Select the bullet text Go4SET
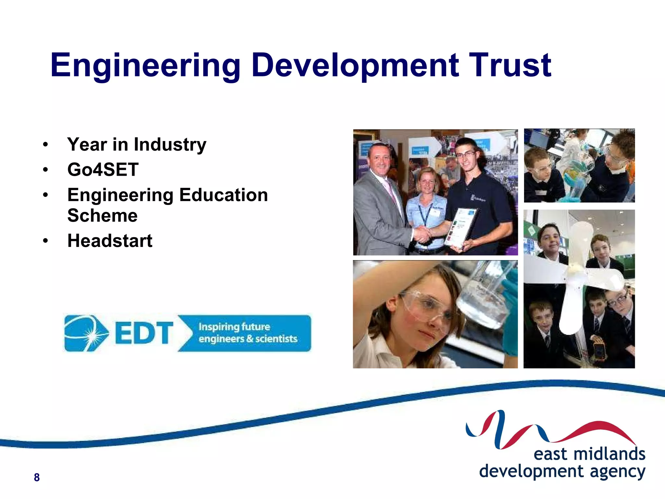103,170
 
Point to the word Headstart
110,241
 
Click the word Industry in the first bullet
170,145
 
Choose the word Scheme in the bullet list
102,215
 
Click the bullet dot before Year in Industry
45,145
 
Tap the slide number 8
37,477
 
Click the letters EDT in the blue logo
144,333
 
